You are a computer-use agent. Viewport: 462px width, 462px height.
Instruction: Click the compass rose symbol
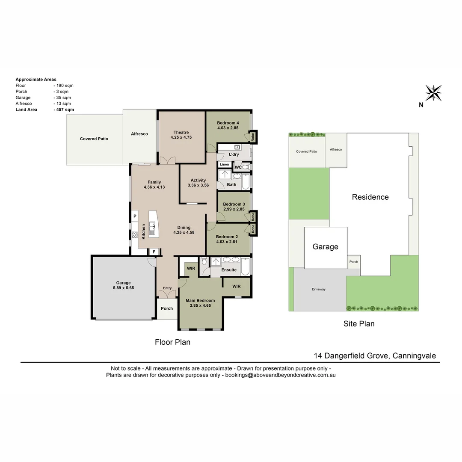(433, 93)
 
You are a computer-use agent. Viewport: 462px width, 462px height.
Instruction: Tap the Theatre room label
(181, 132)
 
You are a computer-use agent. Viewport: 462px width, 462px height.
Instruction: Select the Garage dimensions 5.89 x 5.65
(124, 288)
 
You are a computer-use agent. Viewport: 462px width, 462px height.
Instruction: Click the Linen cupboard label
(225, 165)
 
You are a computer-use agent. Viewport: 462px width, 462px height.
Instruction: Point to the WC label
(238, 167)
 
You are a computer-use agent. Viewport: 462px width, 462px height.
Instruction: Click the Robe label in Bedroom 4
(253, 137)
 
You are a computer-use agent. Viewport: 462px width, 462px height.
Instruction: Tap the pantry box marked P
(135, 216)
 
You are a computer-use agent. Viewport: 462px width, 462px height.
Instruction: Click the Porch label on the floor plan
(167, 308)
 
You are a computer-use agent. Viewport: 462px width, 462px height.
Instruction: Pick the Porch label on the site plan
(353, 262)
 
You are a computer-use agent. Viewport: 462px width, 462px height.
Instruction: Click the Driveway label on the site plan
(319, 289)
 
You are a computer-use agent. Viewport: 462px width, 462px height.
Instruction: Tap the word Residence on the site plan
(370, 197)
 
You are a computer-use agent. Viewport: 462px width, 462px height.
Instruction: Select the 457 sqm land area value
(64, 110)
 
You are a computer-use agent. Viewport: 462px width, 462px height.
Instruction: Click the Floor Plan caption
(172, 342)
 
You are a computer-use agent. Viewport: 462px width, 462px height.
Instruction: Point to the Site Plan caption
(359, 324)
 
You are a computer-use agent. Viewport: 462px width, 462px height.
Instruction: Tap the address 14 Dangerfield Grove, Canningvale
(375, 355)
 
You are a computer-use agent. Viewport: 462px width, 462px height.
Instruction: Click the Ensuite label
(229, 270)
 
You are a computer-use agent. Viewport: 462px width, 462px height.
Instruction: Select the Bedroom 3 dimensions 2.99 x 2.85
(234, 209)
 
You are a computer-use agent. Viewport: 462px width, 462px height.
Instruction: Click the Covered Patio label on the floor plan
(94, 139)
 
